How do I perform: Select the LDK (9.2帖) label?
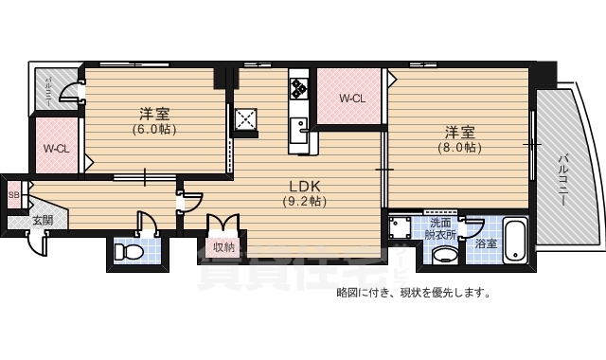[304, 193]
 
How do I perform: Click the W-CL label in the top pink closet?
[352, 98]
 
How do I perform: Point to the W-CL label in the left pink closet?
[56, 148]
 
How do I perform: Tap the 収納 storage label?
[223, 247]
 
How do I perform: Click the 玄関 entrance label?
[42, 221]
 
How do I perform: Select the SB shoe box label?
[13, 196]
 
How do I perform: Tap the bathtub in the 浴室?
[515, 240]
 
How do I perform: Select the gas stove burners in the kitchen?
[299, 89]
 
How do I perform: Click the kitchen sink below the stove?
[299, 129]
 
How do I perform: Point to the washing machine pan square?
[399, 229]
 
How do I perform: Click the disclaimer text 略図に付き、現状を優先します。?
[414, 293]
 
